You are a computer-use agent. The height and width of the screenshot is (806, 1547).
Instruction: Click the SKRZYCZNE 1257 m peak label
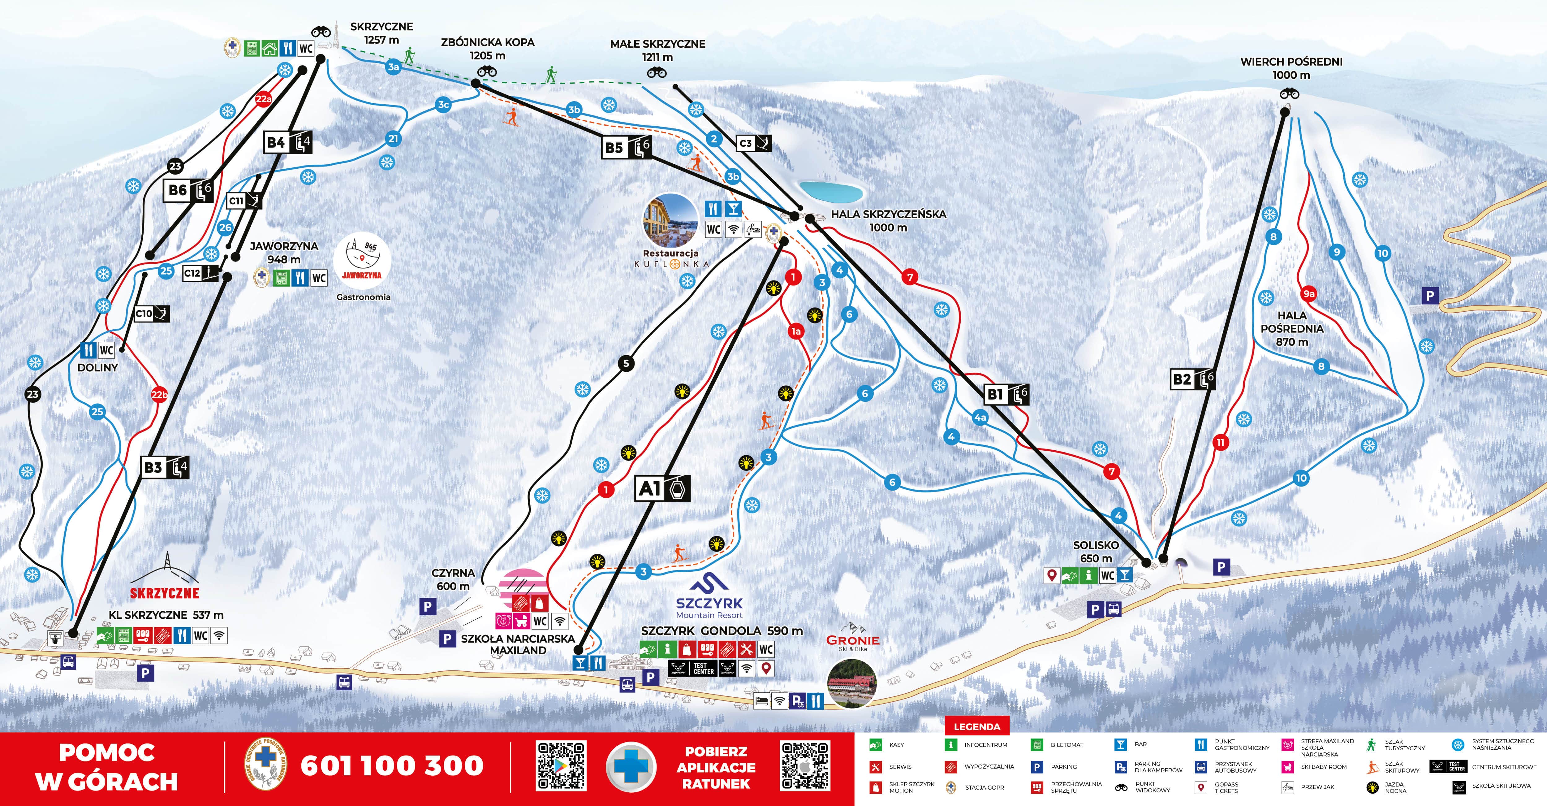(381, 33)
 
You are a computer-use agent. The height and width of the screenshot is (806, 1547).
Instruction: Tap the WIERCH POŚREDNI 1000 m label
(1291, 68)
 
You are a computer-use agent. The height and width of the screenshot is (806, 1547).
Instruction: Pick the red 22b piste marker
(159, 395)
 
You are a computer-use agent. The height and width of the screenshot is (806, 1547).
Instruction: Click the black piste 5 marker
(626, 363)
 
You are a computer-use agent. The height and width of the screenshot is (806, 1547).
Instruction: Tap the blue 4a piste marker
(980, 417)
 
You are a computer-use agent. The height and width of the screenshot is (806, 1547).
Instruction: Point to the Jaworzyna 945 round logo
(363, 261)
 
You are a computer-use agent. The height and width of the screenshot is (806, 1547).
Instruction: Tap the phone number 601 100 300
(392, 766)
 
